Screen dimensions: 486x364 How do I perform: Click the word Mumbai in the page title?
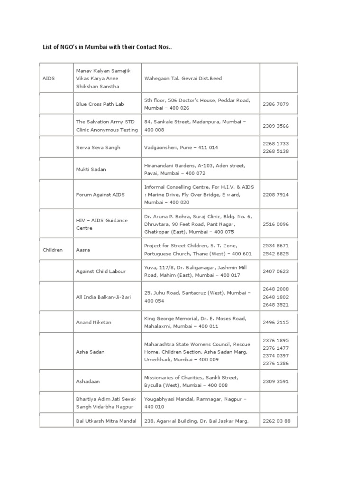[100, 47]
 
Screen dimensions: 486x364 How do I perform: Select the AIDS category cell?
[48, 78]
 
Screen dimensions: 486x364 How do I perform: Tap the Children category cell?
[53, 250]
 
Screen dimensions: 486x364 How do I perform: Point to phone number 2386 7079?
[275, 104]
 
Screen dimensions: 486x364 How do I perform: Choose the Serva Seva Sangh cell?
[98, 148]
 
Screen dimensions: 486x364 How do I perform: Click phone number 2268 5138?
[275, 151]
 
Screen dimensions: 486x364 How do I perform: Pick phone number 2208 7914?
[275, 195]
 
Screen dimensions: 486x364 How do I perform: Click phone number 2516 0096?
[275, 224]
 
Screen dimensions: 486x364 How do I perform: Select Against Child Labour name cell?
[101, 271]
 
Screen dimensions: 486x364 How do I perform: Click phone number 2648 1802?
[275, 297]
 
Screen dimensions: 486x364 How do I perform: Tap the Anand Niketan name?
[94, 323]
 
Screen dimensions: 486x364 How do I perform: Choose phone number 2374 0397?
[275, 355]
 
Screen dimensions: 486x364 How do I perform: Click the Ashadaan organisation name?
[88, 381]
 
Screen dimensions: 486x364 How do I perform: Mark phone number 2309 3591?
[275, 381]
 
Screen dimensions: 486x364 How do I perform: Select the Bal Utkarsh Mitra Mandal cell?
[106, 421]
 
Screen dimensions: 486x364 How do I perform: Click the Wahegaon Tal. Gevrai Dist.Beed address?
[182, 78]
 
